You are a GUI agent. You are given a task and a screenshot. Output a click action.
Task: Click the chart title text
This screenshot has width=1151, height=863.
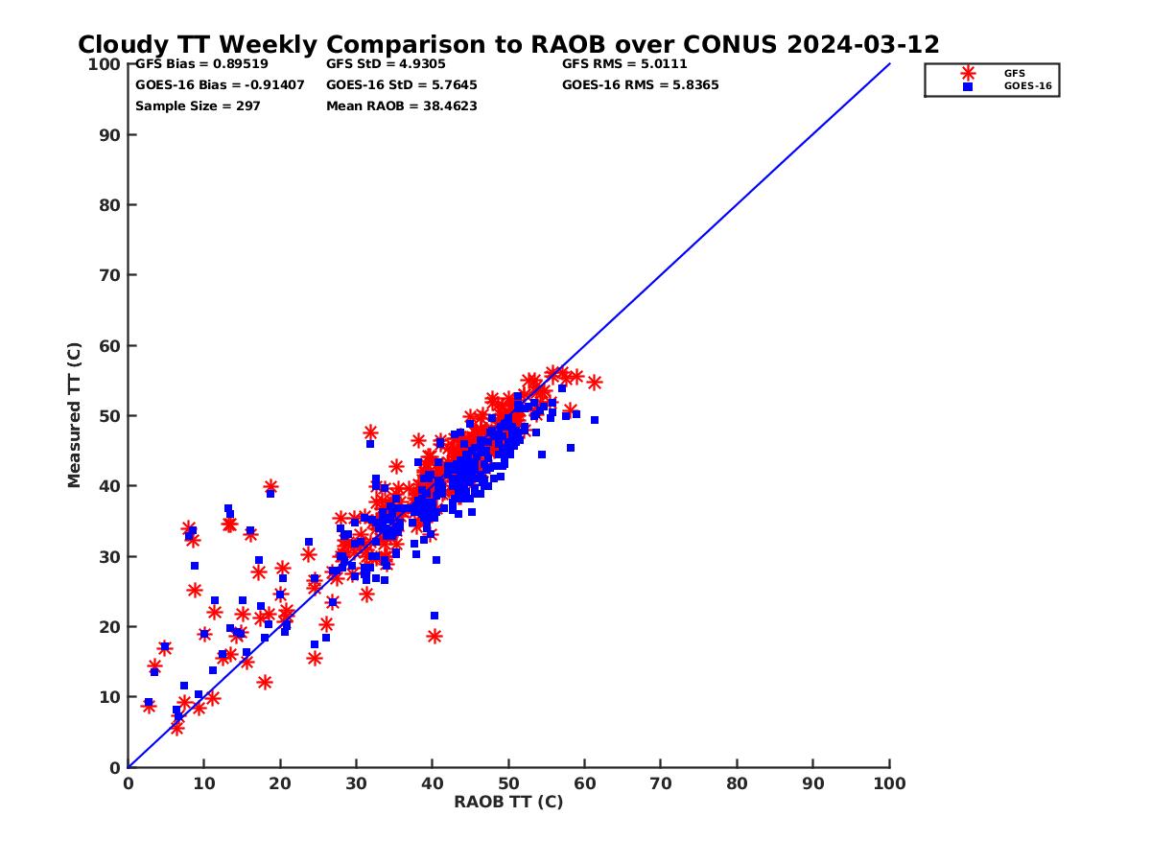coord(508,45)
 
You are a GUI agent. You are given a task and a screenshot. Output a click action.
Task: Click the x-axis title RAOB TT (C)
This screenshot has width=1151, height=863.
coord(508,802)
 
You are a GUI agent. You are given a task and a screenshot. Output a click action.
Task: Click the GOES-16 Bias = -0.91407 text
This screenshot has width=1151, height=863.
coord(220,85)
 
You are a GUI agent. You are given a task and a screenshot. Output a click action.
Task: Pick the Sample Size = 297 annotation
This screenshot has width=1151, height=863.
coord(198,106)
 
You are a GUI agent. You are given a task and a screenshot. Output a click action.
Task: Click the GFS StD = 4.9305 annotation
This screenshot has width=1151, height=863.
coord(386,64)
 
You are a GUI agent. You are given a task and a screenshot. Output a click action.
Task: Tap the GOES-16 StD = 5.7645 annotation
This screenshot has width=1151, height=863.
coord(402,85)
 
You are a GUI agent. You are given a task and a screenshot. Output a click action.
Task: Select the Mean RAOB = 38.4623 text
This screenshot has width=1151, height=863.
coord(402,106)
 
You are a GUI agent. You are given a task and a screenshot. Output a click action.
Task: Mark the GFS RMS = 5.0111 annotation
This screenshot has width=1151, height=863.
coord(624,64)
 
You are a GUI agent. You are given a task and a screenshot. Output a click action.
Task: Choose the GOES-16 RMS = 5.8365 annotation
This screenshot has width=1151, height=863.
coord(641,85)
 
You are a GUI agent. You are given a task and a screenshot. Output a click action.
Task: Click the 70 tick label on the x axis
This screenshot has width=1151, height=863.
coord(661,782)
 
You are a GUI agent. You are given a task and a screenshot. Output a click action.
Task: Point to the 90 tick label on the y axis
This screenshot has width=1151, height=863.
coord(110,135)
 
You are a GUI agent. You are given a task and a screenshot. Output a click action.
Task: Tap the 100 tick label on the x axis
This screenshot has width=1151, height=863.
coord(889,782)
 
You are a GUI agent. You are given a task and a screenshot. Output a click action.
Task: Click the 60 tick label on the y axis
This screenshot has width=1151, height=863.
coord(110,346)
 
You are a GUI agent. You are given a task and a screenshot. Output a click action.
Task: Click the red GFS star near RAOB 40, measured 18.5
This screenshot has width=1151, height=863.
coord(435,636)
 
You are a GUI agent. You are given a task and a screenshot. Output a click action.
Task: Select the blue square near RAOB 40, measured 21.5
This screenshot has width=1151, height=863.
coord(435,616)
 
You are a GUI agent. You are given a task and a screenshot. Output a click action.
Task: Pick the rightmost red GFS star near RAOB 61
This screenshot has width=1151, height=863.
coord(595,383)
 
